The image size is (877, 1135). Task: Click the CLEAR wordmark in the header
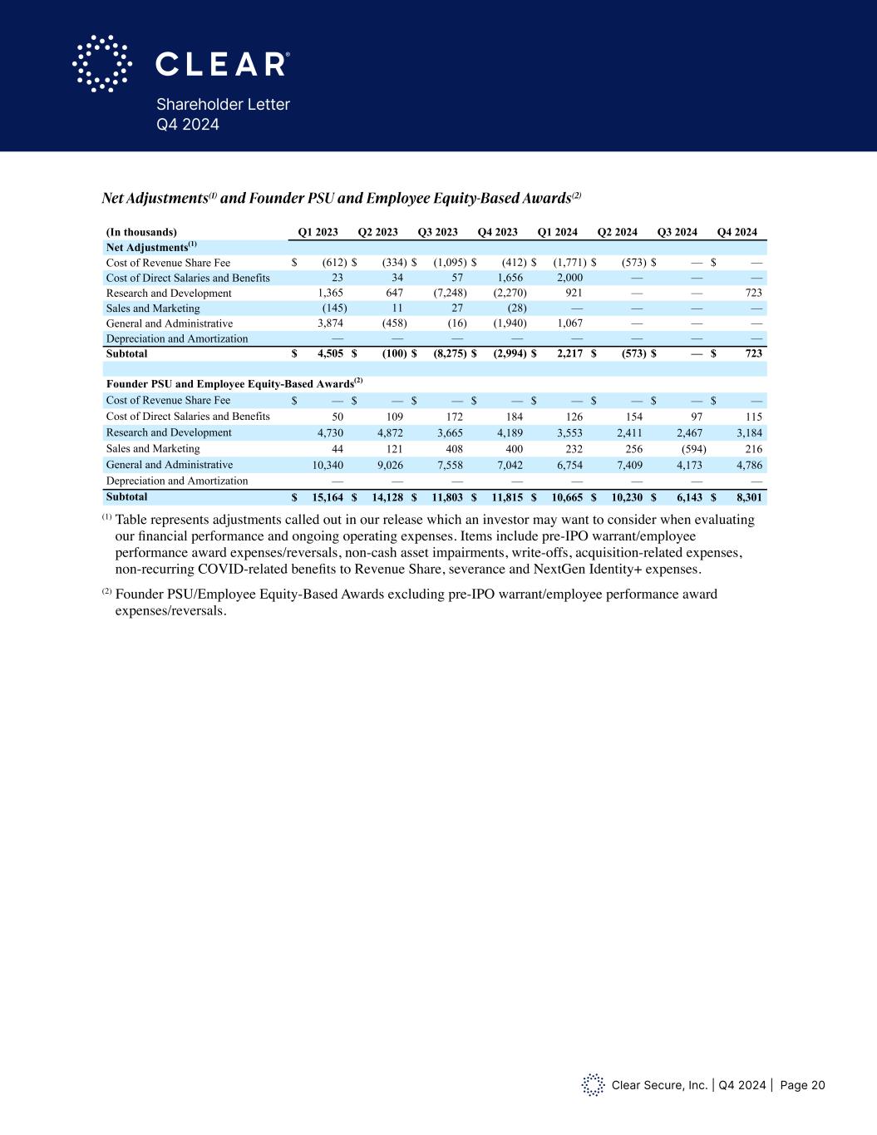(222, 64)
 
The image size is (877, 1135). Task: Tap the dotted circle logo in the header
(102, 63)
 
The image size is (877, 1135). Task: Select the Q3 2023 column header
(437, 232)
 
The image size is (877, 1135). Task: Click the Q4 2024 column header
(737, 232)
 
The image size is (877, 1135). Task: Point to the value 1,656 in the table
(510, 278)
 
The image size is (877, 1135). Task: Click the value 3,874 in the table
(331, 323)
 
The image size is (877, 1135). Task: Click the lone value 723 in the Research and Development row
(753, 293)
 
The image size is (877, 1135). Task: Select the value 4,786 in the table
(748, 465)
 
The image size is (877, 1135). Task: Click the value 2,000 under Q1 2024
(569, 278)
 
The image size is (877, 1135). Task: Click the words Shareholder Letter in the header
(223, 105)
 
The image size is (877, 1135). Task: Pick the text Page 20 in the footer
(803, 1085)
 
